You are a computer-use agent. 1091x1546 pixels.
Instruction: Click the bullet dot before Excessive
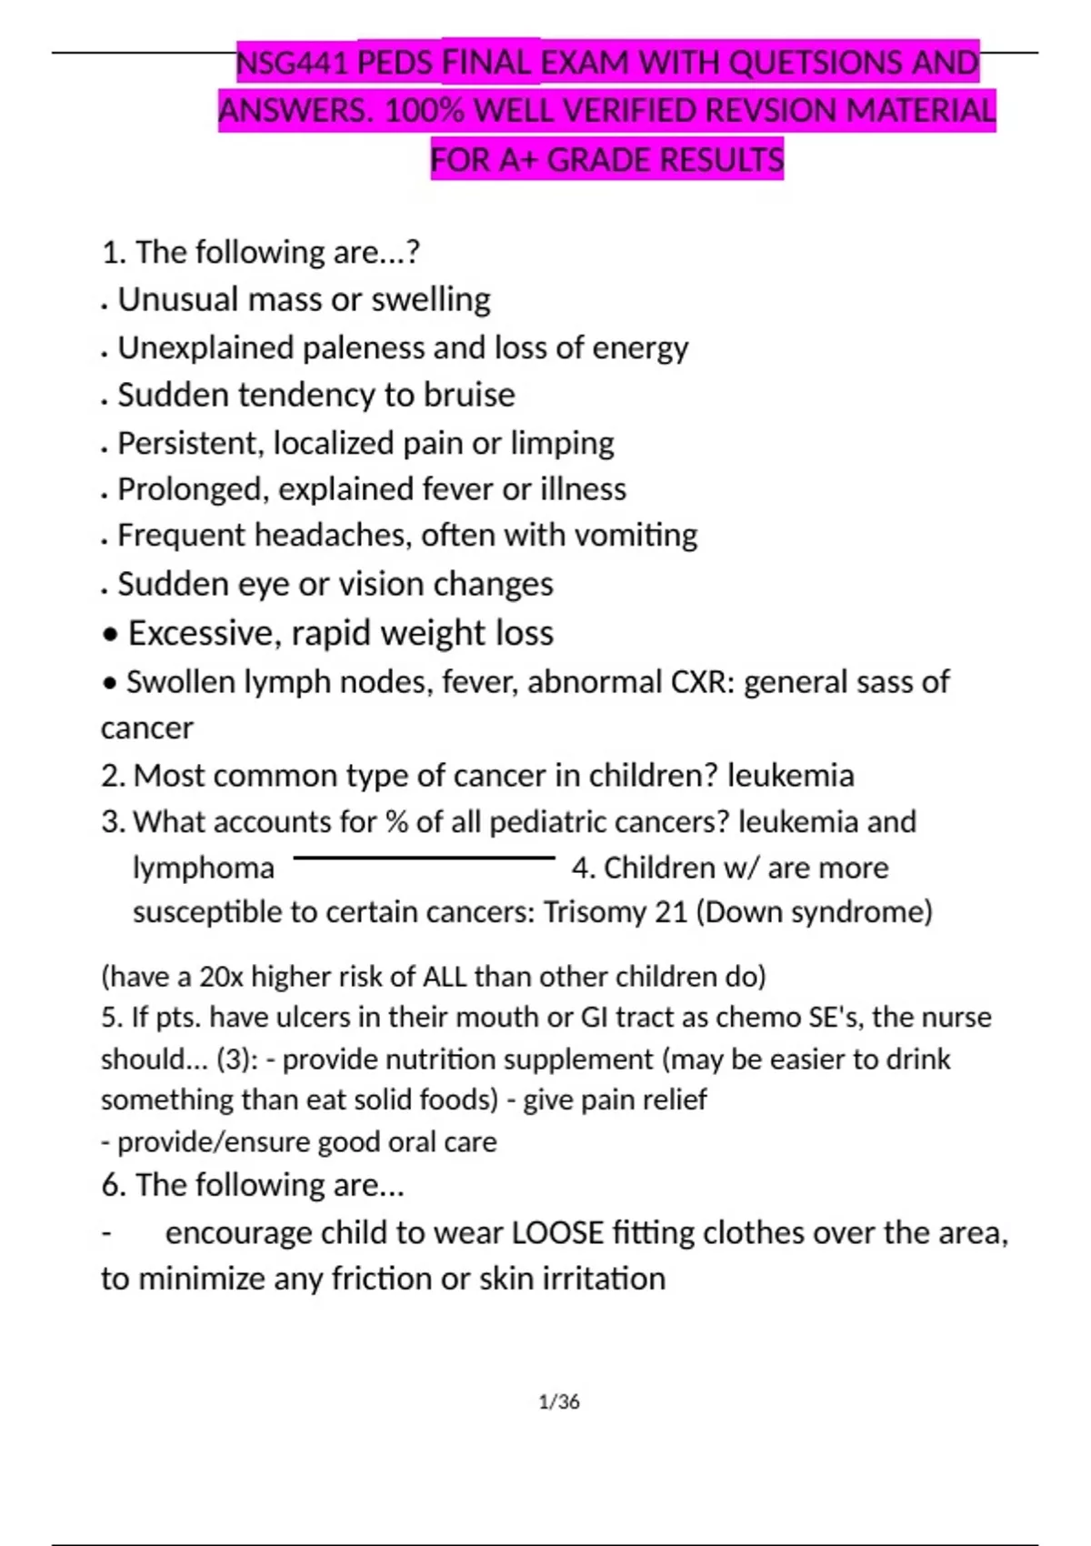point(110,635)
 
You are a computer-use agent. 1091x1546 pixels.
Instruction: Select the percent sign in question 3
point(396,822)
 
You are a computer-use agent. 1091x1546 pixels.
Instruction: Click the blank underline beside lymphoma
point(424,858)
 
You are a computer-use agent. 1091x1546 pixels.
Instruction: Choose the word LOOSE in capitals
point(557,1233)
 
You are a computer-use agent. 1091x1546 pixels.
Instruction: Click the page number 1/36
point(559,1402)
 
